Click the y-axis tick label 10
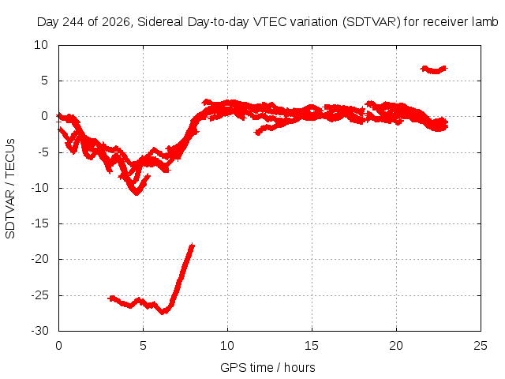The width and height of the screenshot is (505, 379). [x=41, y=45]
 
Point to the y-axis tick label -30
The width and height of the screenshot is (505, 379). [x=40, y=331]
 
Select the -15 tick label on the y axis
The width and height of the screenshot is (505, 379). [x=40, y=223]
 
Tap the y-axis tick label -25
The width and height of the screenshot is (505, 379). [x=40, y=295]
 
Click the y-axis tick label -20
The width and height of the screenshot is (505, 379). [x=40, y=259]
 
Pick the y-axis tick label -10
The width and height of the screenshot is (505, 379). [x=40, y=188]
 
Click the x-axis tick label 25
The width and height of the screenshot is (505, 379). [x=481, y=346]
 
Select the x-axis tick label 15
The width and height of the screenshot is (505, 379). [x=312, y=346]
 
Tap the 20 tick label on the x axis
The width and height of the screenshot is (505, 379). [x=396, y=346]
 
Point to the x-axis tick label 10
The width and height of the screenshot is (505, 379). [x=227, y=346]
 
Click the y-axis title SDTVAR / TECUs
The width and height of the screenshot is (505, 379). [x=10, y=189]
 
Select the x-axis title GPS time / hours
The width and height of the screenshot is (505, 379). [x=267, y=367]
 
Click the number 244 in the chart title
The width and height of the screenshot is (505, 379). [x=73, y=22]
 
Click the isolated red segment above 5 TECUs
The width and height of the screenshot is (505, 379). [x=434, y=69]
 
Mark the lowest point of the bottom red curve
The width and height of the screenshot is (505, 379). [x=163, y=313]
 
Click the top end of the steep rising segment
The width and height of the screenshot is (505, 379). [x=193, y=246]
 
